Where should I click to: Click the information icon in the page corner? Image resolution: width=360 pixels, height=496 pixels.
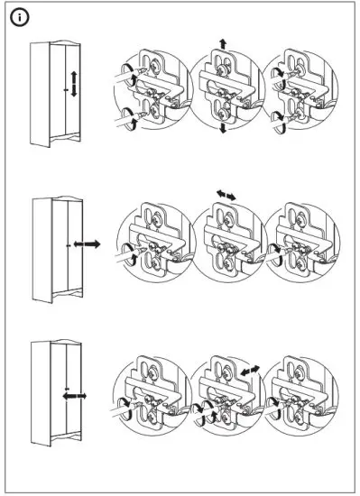(17, 17)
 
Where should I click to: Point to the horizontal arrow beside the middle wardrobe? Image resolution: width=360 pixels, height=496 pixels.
(87, 244)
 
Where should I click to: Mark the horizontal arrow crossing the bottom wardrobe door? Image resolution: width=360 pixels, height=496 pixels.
(73, 395)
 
